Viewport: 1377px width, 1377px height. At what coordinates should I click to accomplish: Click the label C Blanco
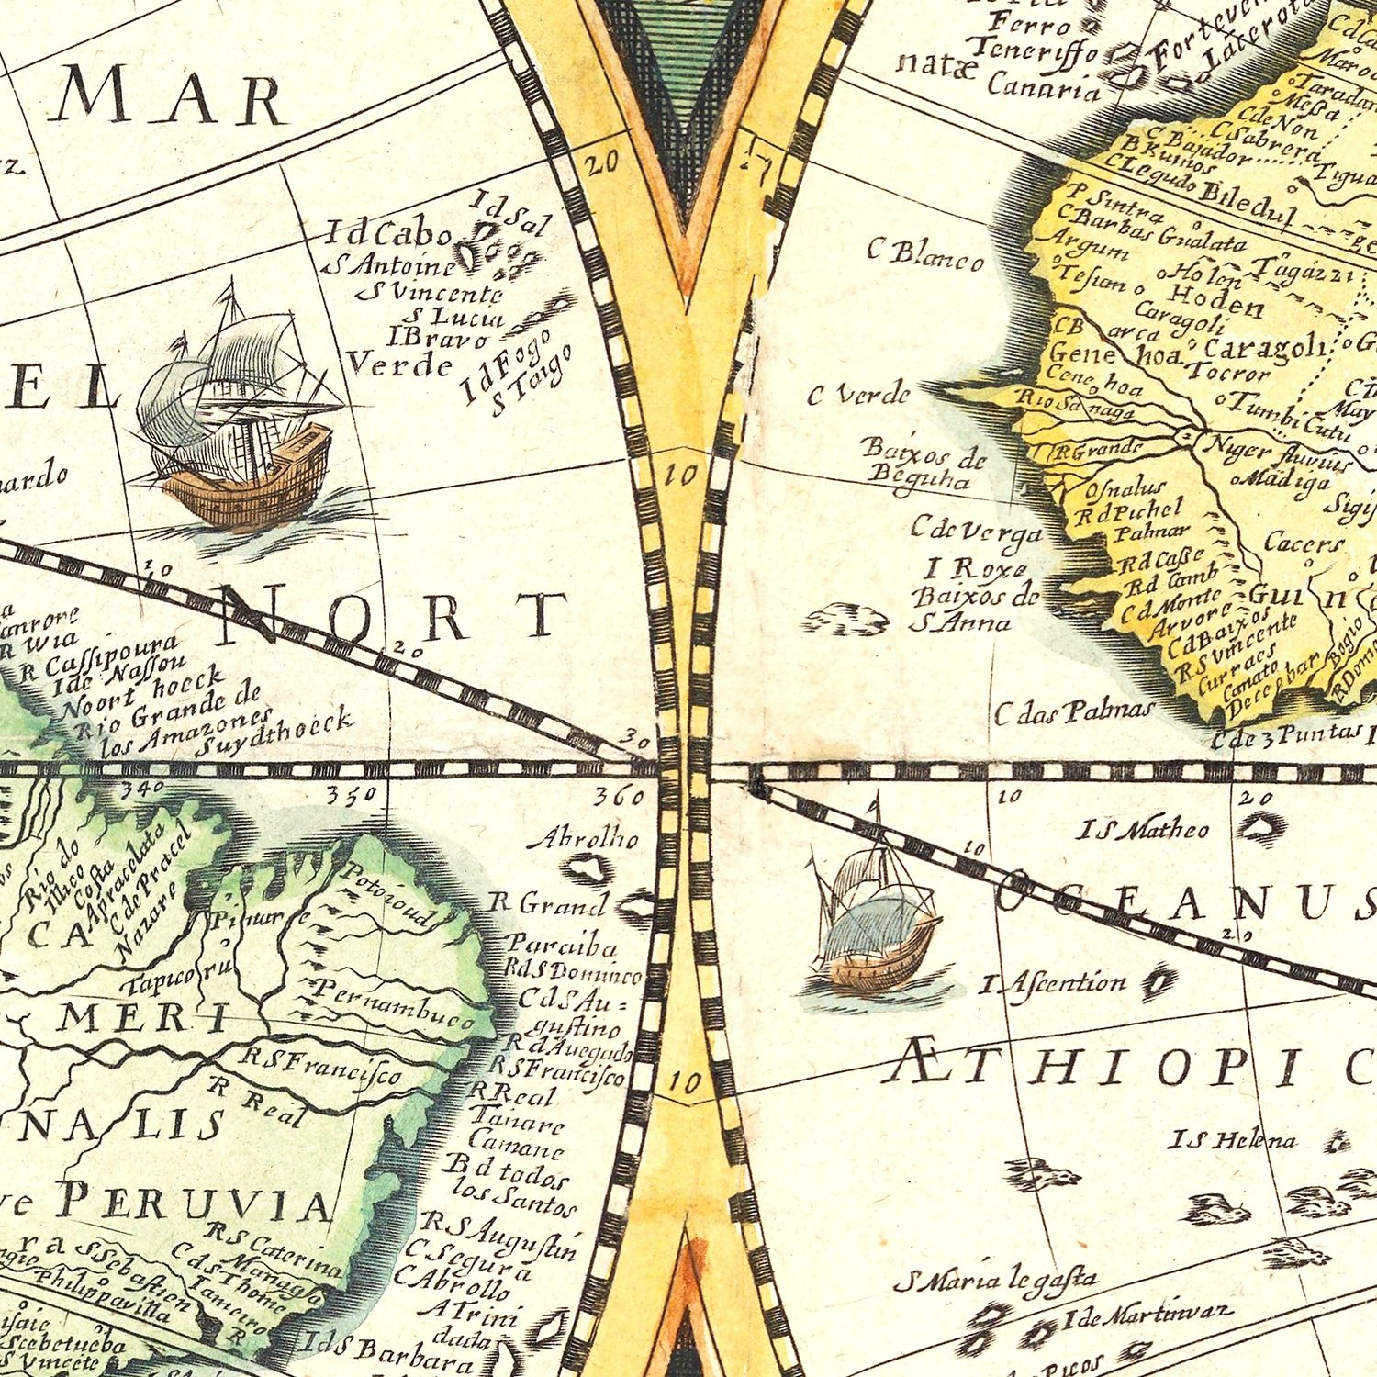(x=925, y=254)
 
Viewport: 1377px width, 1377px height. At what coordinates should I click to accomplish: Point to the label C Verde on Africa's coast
(x=858, y=396)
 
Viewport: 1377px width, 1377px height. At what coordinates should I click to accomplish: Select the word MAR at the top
(x=170, y=99)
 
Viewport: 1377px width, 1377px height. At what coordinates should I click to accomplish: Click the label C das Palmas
(x=1071, y=711)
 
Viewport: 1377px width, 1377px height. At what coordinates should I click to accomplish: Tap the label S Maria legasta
(x=996, y=1278)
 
